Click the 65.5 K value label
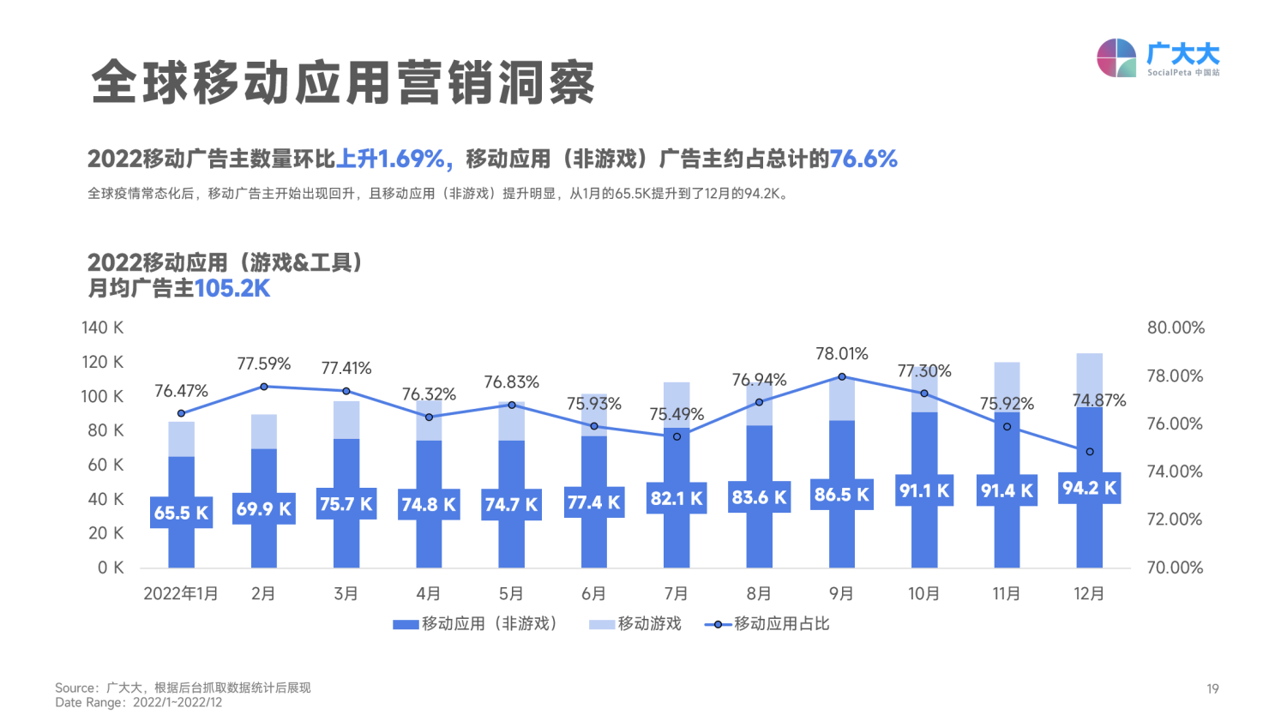[181, 513]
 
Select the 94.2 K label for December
[1089, 488]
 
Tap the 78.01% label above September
[841, 353]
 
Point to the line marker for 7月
[677, 437]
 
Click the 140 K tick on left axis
[102, 327]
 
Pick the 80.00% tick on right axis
[1176, 327]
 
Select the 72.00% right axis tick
[1175, 519]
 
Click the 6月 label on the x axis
[593, 593]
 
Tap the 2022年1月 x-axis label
[181, 593]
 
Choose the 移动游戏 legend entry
[635, 624]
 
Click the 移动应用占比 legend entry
[767, 624]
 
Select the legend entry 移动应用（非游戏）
[475, 624]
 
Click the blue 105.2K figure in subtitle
[232, 289]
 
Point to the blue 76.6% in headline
[863, 159]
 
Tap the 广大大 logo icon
[1116, 58]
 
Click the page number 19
[1212, 688]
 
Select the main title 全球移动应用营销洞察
[343, 82]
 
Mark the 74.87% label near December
[1098, 400]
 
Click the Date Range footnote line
[138, 703]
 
